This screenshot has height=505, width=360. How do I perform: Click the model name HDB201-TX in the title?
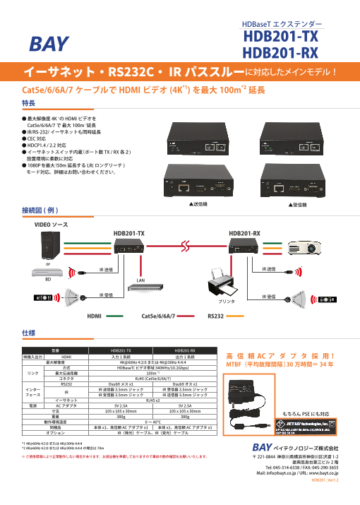280,37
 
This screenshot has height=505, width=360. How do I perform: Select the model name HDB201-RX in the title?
280,53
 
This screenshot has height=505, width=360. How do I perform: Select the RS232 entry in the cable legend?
217,317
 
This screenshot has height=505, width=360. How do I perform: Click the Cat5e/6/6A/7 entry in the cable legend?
158,317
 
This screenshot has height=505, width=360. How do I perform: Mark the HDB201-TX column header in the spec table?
121,350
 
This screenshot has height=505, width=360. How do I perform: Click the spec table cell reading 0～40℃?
153,422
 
